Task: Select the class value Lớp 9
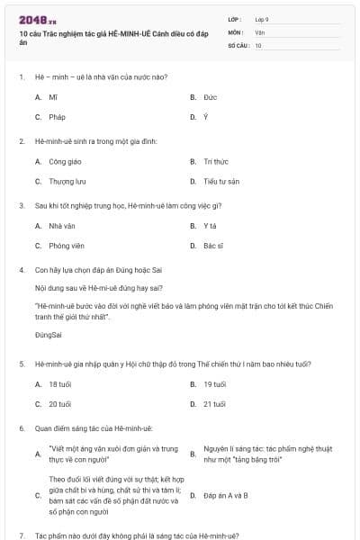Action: (262, 19)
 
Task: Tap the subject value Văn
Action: (259, 31)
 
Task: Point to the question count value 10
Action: (258, 44)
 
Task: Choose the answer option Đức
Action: (210, 97)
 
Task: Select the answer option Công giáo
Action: (65, 162)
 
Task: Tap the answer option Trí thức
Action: (215, 162)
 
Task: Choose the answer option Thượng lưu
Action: (66, 182)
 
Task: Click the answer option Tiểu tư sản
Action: (220, 182)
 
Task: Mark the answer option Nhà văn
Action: (61, 226)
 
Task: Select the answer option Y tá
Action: (210, 226)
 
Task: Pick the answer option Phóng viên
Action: (66, 246)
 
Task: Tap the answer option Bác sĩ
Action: (212, 246)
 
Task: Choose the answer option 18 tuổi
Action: (60, 384)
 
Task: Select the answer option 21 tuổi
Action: (214, 404)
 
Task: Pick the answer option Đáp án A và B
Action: (225, 495)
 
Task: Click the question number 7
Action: (21, 535)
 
